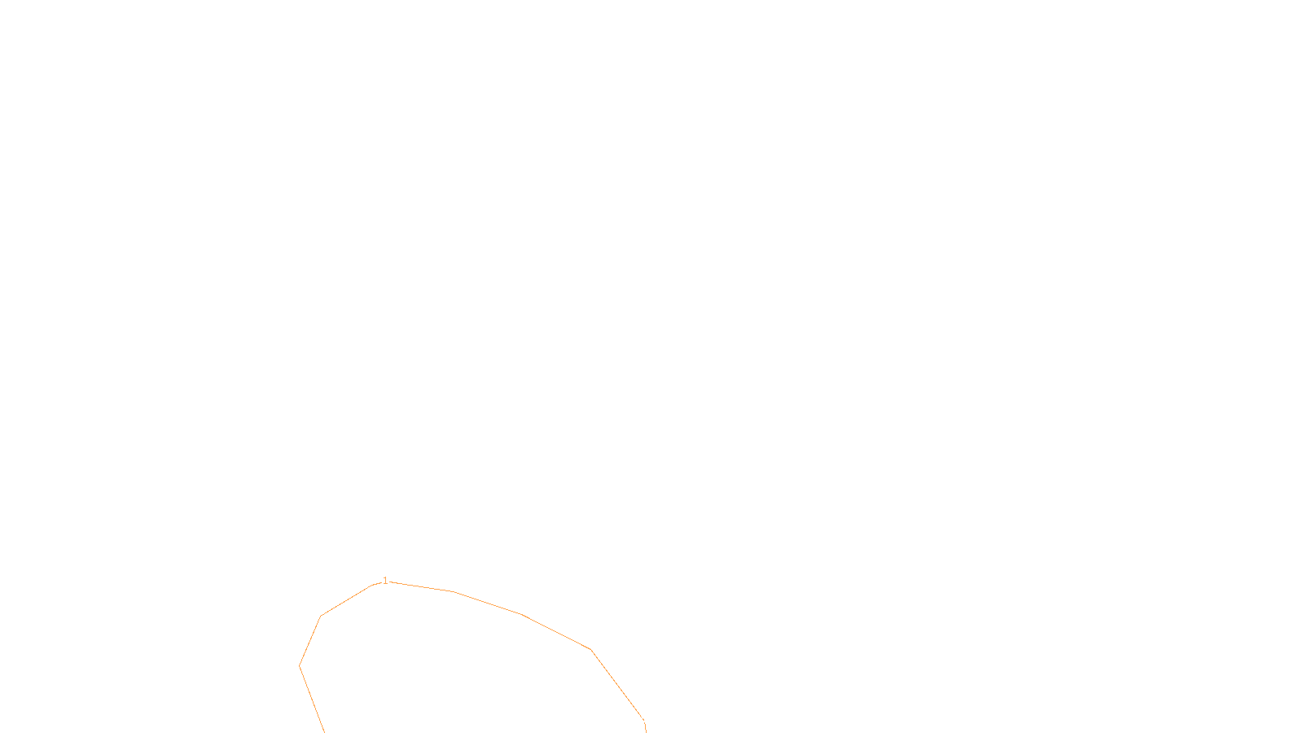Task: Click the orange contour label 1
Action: (385, 581)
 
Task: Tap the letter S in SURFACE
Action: (634, 719)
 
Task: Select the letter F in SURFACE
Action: (651, 719)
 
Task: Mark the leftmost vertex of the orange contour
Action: (300, 666)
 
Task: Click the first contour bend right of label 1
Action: (452, 591)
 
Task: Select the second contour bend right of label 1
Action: (521, 614)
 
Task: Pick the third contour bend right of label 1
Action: (590, 649)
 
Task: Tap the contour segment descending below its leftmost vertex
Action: (312, 699)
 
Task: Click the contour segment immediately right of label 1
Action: (419, 586)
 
